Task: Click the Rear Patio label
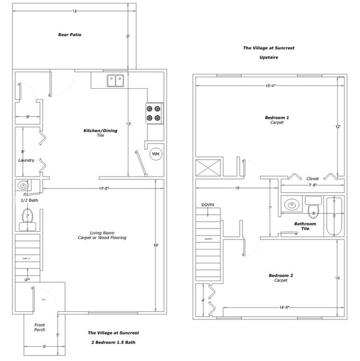click(x=70, y=35)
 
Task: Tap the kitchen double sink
click(x=115, y=80)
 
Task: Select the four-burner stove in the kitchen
click(x=155, y=113)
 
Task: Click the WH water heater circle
click(x=156, y=154)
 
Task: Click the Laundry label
click(x=26, y=160)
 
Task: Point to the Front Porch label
click(x=39, y=327)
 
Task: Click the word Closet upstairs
click(x=312, y=179)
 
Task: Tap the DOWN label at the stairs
click(x=208, y=204)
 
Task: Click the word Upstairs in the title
click(x=268, y=57)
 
